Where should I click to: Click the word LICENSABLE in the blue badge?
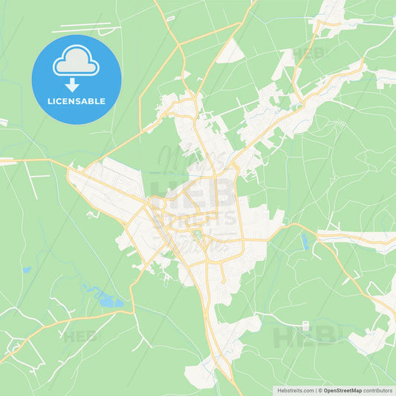pyautogui.click(x=77, y=101)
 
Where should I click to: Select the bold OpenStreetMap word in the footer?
pyautogui.click(x=342, y=390)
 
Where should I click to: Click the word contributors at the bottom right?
pyautogui.click(x=377, y=390)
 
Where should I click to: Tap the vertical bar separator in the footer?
pyautogui.click(x=317, y=390)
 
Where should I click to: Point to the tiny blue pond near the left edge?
pyautogui.click(x=27, y=270)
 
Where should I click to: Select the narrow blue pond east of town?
pyautogui.click(x=305, y=241)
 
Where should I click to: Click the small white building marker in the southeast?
pyautogui.click(x=305, y=325)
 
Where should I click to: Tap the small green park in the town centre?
pyautogui.click(x=198, y=240)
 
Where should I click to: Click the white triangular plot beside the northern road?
pyautogui.click(x=232, y=51)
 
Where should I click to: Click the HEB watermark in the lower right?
pyautogui.click(x=306, y=337)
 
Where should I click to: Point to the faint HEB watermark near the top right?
pyautogui.click(x=309, y=53)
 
